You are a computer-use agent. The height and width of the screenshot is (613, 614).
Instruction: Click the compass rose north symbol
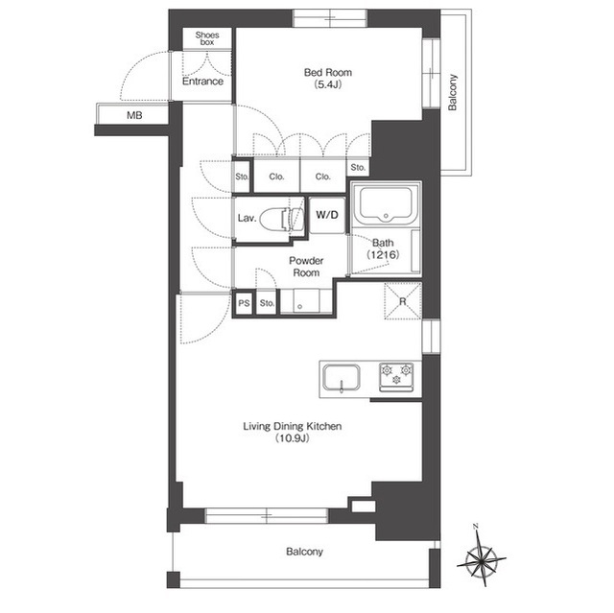pyautogui.click(x=482, y=554)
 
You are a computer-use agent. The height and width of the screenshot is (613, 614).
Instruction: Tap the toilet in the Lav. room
pyautogui.click(x=281, y=219)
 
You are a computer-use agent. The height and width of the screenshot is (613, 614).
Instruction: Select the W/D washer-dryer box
pyautogui.click(x=327, y=215)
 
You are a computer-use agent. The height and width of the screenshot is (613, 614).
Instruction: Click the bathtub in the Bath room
pyautogui.click(x=386, y=205)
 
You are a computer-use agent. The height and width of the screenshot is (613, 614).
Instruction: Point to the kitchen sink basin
pyautogui.click(x=342, y=378)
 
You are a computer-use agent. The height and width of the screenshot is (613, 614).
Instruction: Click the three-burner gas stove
pyautogui.click(x=396, y=377)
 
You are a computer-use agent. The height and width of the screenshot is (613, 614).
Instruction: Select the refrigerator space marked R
pyautogui.click(x=403, y=301)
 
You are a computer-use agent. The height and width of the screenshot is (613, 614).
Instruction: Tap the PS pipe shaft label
pyautogui.click(x=244, y=303)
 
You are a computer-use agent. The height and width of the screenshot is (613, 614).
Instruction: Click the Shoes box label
pyautogui.click(x=207, y=38)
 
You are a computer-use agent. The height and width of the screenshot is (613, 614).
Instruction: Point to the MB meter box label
pyautogui.click(x=134, y=115)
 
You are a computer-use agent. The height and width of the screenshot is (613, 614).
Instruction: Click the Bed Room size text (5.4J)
pyautogui.click(x=328, y=84)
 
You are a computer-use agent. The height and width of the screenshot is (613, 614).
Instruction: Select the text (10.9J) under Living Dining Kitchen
pyautogui.click(x=292, y=438)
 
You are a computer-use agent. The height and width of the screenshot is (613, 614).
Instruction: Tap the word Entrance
pyautogui.click(x=202, y=82)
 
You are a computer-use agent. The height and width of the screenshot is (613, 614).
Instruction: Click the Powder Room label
pyautogui.click(x=306, y=267)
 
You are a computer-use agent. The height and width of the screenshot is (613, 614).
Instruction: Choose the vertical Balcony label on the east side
pyautogui.click(x=452, y=92)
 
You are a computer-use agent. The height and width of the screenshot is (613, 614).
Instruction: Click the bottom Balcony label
pyautogui.click(x=305, y=552)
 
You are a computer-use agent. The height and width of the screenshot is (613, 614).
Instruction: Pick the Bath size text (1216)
pyautogui.click(x=383, y=255)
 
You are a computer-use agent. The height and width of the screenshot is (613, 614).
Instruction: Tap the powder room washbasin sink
pyautogui.click(x=300, y=301)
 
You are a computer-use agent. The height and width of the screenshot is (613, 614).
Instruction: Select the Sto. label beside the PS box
pyautogui.click(x=267, y=303)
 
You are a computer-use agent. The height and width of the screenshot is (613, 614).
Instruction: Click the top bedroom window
pyautogui.click(x=330, y=18)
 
